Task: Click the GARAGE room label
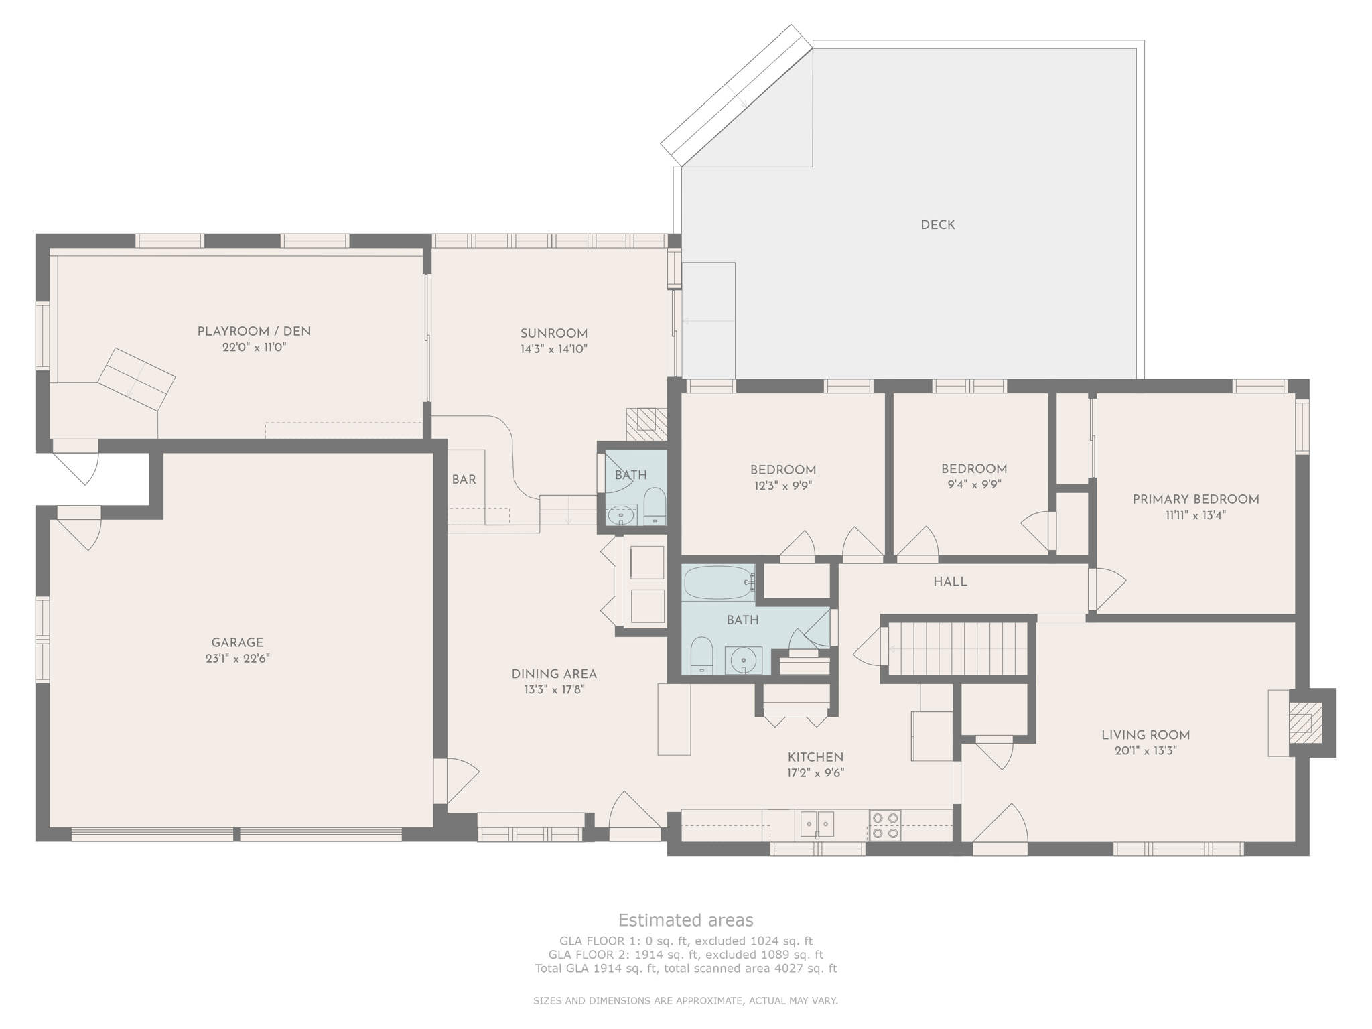[237, 642]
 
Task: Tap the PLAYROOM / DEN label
[254, 331]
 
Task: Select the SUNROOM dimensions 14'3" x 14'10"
[554, 349]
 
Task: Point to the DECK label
[938, 225]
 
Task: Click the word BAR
[464, 480]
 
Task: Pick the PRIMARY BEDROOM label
[1196, 499]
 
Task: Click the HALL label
[950, 582]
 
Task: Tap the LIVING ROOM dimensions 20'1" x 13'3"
[1146, 751]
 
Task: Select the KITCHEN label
[815, 757]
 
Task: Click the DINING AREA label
[554, 674]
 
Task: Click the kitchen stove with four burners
[885, 825]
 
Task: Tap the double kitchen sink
[817, 824]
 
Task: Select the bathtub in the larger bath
[719, 583]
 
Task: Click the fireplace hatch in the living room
[1301, 723]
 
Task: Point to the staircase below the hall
[957, 648]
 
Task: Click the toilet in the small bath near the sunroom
[655, 506]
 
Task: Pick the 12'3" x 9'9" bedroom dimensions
[783, 486]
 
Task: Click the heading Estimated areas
[685, 920]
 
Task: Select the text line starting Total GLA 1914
[685, 968]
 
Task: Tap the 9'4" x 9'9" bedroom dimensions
[974, 484]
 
